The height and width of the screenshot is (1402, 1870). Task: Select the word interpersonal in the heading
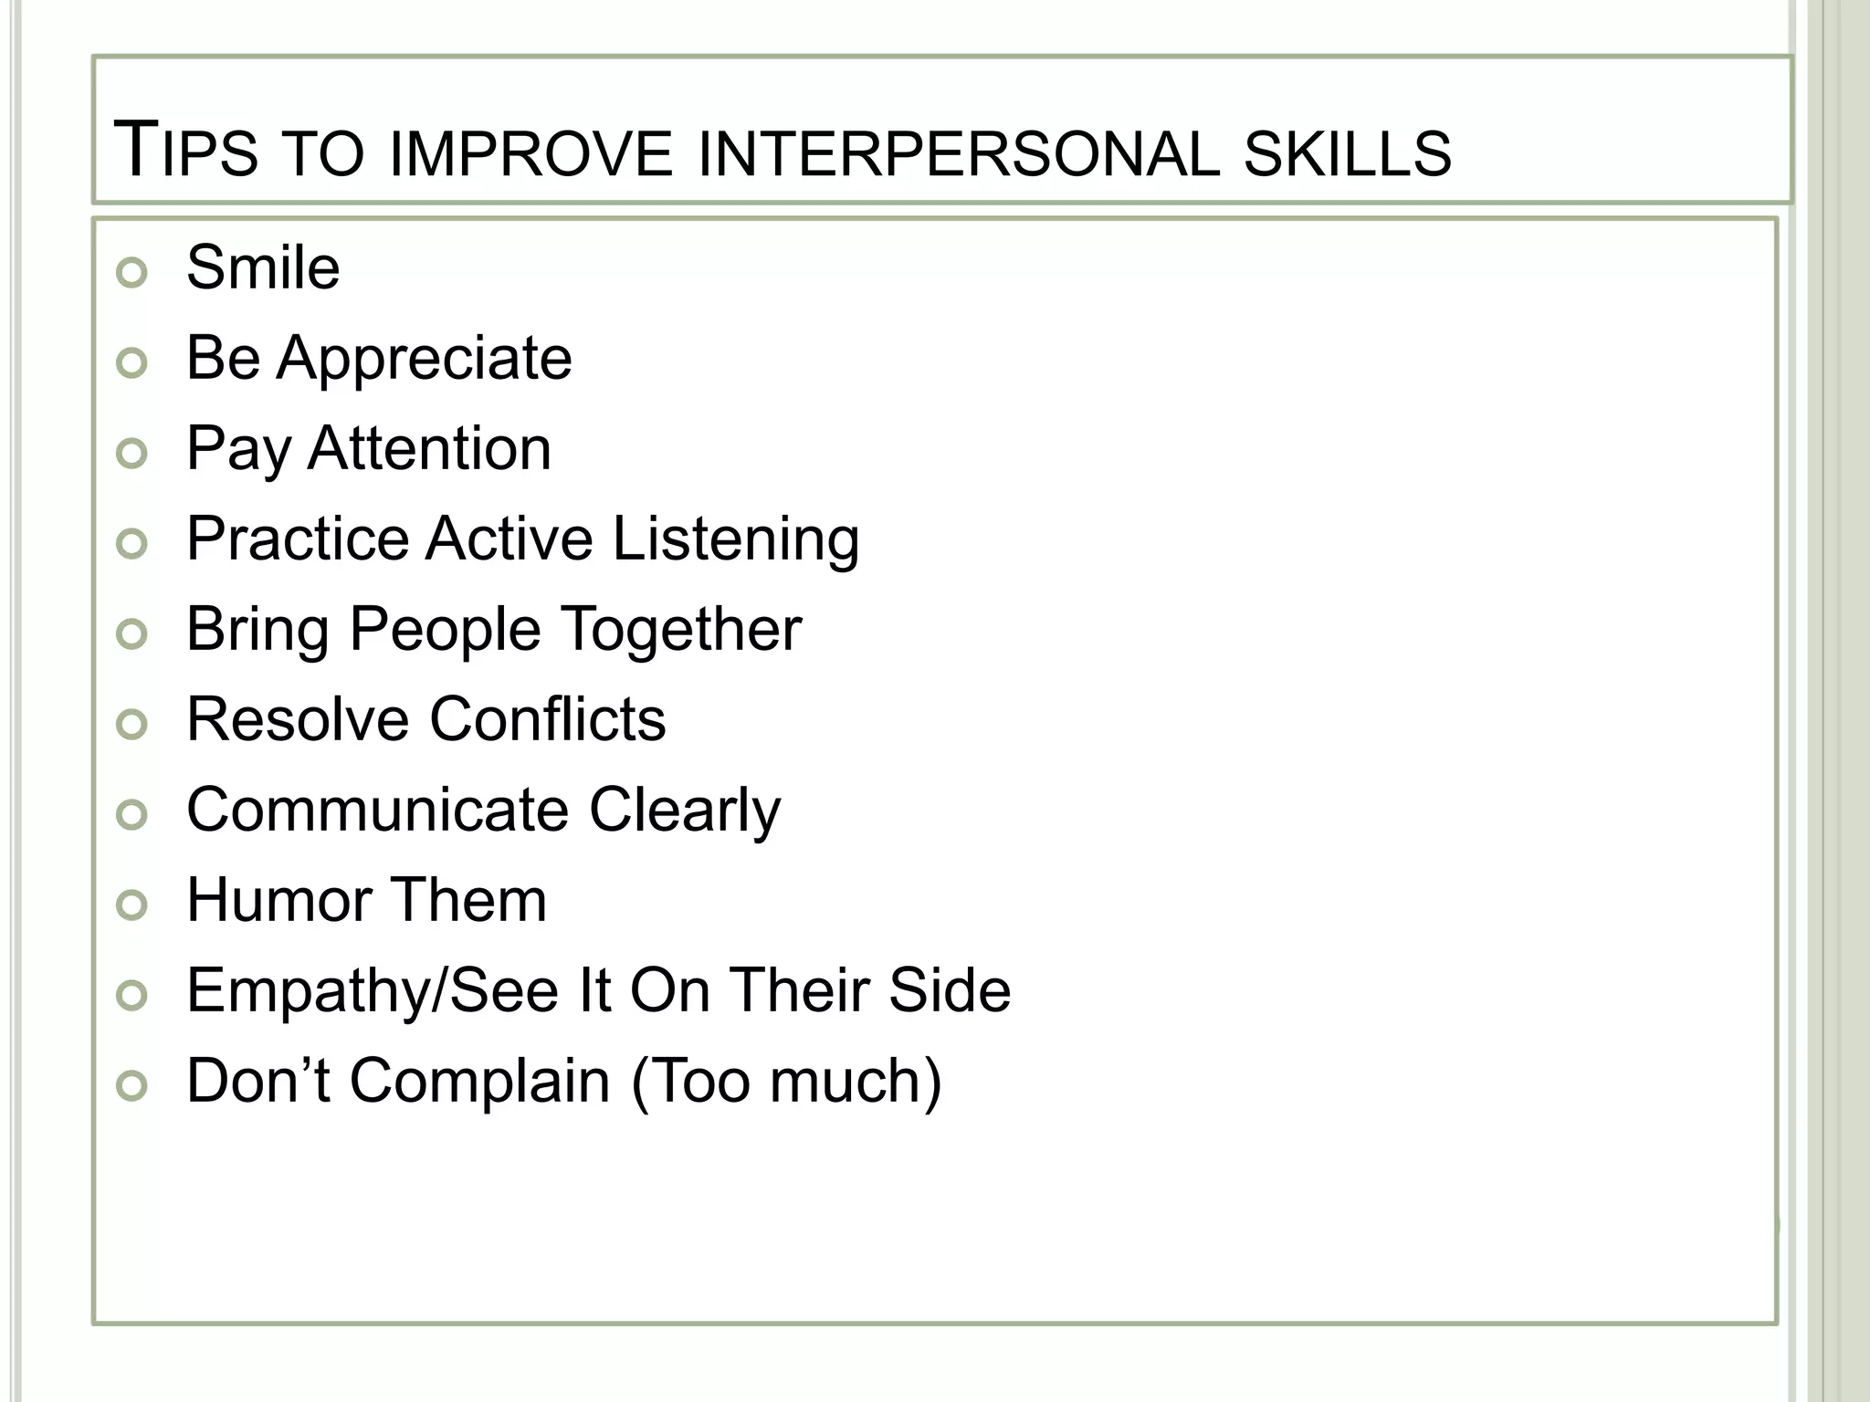pos(958,153)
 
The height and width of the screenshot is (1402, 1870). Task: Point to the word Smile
pos(263,267)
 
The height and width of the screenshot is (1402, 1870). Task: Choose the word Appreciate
pos(425,359)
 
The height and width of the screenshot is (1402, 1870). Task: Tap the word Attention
pos(430,448)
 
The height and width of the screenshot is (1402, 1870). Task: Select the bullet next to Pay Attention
pos(132,454)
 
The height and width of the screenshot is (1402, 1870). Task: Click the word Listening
pos(735,539)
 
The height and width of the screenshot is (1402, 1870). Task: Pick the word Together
pos(680,629)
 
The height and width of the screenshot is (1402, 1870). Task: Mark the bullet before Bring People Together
pos(132,634)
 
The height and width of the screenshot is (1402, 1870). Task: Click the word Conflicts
pos(548,719)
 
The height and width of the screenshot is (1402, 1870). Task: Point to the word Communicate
pos(378,810)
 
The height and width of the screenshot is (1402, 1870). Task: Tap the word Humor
pos(276,900)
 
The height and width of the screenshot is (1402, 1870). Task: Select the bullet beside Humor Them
pos(132,905)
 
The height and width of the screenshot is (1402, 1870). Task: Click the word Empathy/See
pos(372,991)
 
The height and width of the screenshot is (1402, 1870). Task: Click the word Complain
pos(480,1082)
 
